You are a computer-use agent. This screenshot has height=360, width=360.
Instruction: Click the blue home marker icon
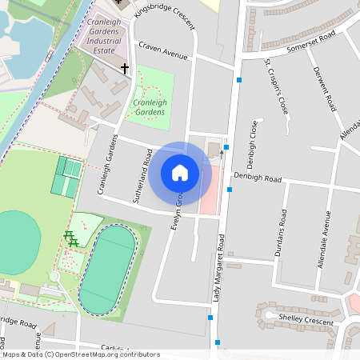(180, 172)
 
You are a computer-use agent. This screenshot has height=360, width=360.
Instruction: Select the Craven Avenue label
(162, 52)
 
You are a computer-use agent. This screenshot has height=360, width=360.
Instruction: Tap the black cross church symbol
(124, 69)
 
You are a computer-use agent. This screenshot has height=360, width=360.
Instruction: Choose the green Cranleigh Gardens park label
(150, 107)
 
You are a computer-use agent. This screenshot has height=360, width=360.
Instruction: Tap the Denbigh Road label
(258, 178)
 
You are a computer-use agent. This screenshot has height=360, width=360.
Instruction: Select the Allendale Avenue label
(326, 239)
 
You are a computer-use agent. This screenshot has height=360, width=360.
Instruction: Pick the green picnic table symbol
(70, 238)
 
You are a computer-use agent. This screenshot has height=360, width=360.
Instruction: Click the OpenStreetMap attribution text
(80, 354)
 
